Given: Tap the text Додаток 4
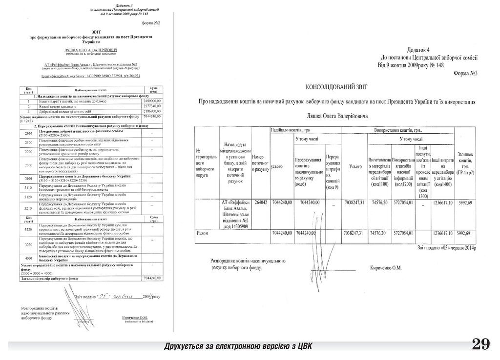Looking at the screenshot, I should coord(418,50).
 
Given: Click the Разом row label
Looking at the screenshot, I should coord(202,233).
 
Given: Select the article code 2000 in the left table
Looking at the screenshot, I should coord(28,133).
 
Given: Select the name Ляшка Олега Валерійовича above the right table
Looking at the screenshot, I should coord(336,116).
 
